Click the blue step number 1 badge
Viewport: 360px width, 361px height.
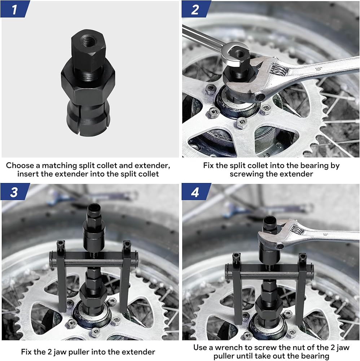[15, 9]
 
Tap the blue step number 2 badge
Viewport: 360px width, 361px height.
[196, 9]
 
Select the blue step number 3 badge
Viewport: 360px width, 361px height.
[14, 192]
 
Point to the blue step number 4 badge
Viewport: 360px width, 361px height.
[196, 192]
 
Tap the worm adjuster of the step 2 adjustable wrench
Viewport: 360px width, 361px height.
[279, 69]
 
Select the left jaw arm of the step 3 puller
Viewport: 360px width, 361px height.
[61, 276]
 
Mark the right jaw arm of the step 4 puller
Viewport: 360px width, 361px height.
[302, 290]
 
